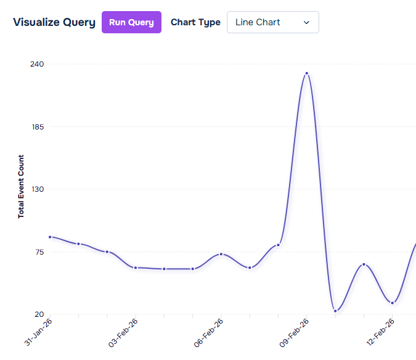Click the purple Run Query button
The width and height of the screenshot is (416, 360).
(x=131, y=22)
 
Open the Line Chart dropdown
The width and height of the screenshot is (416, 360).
(x=272, y=22)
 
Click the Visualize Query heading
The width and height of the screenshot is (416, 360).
(x=54, y=22)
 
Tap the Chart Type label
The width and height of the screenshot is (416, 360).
(x=195, y=22)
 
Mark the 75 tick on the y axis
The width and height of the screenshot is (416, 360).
(x=39, y=252)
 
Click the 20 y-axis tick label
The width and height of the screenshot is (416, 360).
(x=39, y=314)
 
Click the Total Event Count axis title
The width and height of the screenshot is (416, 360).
(x=21, y=186)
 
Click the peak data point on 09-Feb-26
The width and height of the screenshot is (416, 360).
(x=306, y=73)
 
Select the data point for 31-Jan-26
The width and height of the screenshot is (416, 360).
(x=50, y=237)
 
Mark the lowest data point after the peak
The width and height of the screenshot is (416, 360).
(x=335, y=311)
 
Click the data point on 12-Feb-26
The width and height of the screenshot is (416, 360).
(x=392, y=303)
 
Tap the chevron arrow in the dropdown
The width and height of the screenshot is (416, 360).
(x=306, y=22)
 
